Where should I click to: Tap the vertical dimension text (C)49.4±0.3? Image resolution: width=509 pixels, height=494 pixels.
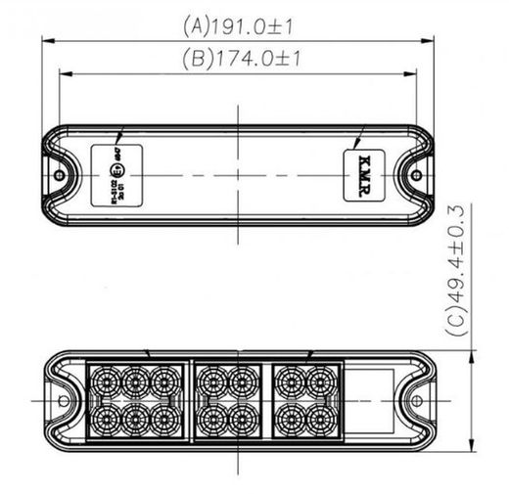click(459, 271)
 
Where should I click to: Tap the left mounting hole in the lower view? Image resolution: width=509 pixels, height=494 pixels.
click(63, 401)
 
